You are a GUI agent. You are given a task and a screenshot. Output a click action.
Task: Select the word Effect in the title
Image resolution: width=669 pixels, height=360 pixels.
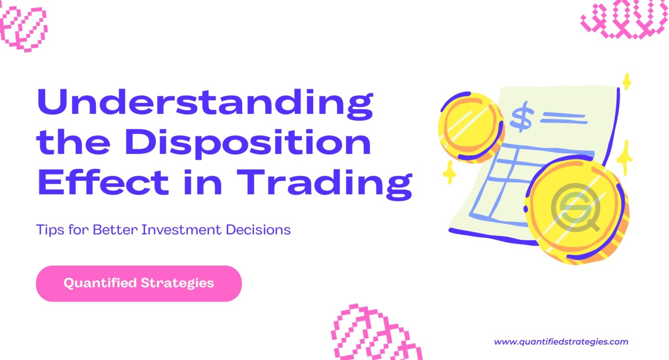[103, 182]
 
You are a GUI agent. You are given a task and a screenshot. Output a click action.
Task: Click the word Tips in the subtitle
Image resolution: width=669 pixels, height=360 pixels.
[50, 230]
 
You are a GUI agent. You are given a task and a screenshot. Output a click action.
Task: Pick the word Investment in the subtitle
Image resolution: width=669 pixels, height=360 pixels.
[181, 230]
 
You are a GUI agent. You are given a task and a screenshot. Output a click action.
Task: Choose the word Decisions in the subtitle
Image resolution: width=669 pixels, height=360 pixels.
[258, 230]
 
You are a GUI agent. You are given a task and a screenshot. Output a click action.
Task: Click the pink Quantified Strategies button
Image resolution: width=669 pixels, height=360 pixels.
[139, 283]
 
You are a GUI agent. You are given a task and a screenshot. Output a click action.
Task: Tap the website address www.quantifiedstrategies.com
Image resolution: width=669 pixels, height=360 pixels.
[561, 342]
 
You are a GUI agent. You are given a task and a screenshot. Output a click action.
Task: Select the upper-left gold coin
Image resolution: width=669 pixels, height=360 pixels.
[471, 127]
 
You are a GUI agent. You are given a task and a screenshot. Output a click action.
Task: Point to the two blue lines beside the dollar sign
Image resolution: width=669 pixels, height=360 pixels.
[563, 118]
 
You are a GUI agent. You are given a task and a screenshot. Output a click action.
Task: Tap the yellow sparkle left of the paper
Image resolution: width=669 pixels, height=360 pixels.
[449, 172]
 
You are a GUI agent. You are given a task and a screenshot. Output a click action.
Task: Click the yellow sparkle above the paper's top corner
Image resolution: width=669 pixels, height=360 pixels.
[627, 81]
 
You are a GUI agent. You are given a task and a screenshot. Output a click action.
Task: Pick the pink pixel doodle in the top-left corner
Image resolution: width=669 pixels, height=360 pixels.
[23, 27]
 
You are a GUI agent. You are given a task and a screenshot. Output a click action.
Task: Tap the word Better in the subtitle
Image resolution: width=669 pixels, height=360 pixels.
[115, 230]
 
